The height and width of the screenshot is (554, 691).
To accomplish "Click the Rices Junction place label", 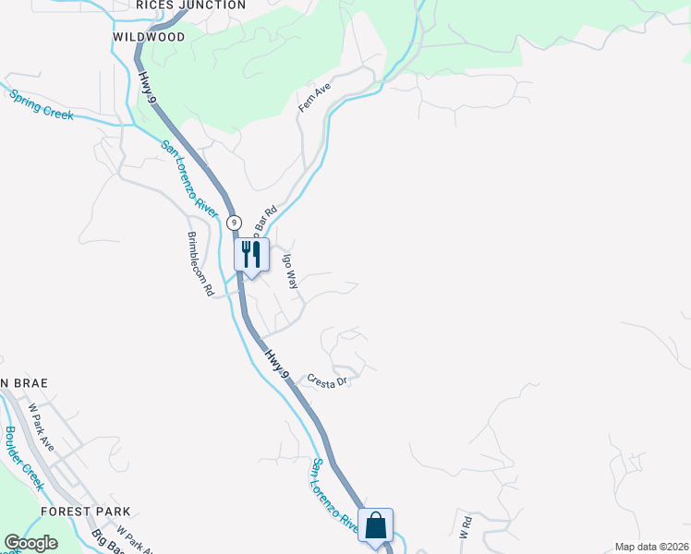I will click(x=190, y=6).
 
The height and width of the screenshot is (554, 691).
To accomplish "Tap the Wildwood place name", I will click(x=149, y=37).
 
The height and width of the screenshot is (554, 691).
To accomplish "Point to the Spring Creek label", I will click(x=41, y=102).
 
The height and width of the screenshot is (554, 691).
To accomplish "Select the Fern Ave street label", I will click(x=314, y=96).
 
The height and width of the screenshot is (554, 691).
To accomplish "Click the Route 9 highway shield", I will click(x=235, y=223).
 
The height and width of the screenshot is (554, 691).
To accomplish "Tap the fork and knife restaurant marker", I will click(x=251, y=254).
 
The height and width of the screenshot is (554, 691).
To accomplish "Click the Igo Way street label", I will click(x=290, y=271).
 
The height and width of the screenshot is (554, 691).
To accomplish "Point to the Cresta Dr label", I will click(x=326, y=380).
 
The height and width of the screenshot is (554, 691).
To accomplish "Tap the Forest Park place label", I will click(x=85, y=511).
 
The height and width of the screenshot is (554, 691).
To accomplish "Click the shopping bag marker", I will click(x=376, y=524).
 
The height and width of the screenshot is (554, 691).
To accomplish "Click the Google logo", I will click(x=30, y=543).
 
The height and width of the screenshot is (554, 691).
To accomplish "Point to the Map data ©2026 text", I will click(x=651, y=547).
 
